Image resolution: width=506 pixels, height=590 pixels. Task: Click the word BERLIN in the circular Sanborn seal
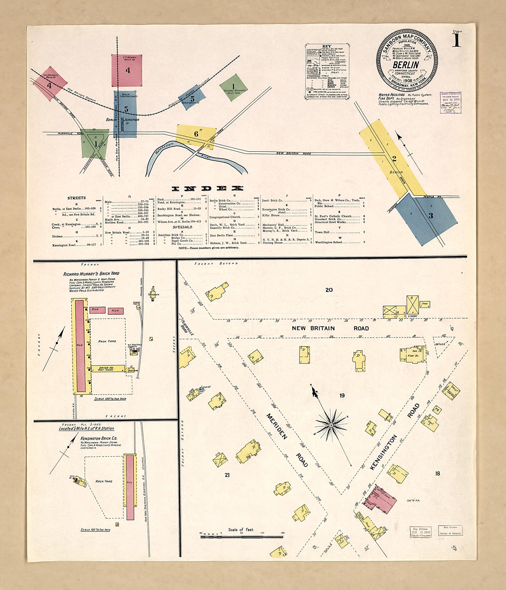point(406,65)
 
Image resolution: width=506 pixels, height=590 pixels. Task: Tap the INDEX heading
point(207,189)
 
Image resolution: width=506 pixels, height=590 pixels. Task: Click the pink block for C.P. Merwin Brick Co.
point(127,71)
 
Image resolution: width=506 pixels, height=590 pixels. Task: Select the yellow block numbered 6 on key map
point(196,136)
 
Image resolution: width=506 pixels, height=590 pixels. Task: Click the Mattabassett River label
point(164,148)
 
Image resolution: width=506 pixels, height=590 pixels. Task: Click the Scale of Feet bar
point(242,536)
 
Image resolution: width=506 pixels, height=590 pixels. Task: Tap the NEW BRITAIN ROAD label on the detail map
point(330,328)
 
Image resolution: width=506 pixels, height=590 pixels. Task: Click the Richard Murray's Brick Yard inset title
point(91,274)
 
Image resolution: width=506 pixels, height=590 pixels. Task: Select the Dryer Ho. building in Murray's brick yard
point(108,368)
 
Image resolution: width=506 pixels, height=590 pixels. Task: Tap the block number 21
point(227,475)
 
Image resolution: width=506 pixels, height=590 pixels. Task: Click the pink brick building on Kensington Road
point(384,501)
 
